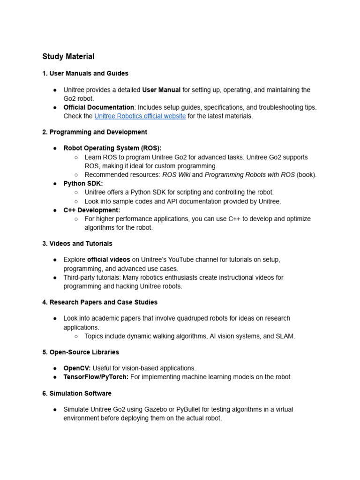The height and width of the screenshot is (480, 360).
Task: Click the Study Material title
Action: [68, 57]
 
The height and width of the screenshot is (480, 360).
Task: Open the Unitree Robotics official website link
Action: [140, 116]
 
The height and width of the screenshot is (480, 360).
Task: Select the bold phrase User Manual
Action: [161, 90]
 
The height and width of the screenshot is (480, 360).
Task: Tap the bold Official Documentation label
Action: [98, 107]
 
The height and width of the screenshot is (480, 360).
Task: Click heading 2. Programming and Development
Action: [94, 132]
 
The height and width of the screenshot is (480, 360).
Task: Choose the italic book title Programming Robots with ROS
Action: [249, 175]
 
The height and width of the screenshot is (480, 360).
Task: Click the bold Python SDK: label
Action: [83, 183]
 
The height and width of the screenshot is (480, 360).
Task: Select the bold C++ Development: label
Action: [91, 210]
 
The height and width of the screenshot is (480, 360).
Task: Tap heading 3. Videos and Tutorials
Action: [77, 244]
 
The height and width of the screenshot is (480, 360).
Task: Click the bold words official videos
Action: [108, 260]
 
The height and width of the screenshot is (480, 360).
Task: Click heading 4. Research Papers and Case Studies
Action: [99, 302]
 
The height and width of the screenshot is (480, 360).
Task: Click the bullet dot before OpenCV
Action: [55, 368]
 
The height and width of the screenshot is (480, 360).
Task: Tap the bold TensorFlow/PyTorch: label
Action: [96, 377]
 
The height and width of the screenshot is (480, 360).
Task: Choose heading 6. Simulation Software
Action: [76, 393]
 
